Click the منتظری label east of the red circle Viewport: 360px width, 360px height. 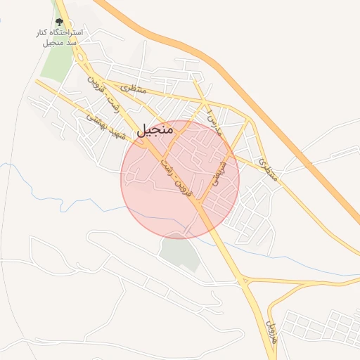[x=267, y=169]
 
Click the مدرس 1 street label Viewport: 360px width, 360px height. [x=212, y=117]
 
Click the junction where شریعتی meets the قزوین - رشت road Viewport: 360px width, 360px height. [x=199, y=205]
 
